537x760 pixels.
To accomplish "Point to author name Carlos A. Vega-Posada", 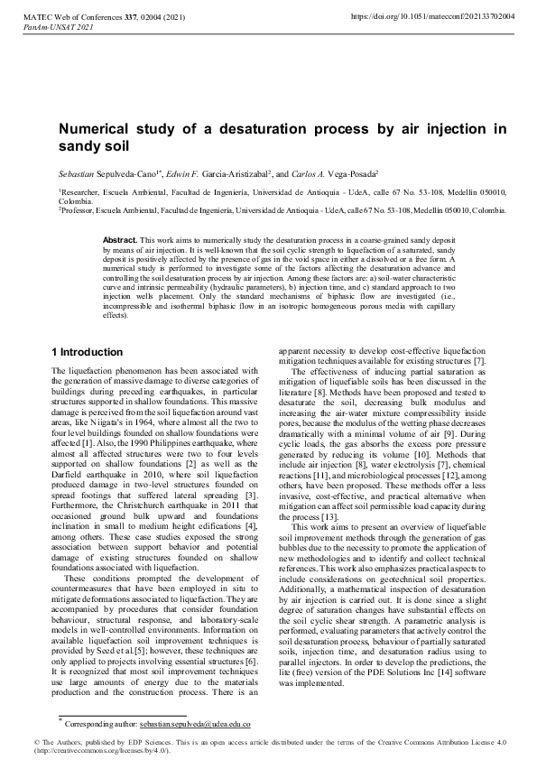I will tap(357, 172).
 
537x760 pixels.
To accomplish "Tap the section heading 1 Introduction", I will tap(88, 351).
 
